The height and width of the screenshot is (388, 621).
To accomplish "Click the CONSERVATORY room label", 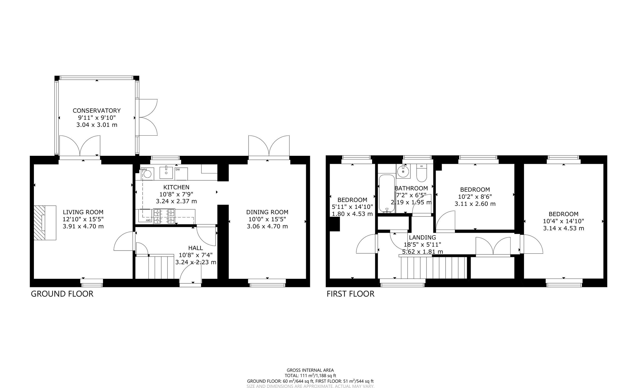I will click(x=97, y=111).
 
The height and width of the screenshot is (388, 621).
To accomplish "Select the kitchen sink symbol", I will click(x=166, y=173).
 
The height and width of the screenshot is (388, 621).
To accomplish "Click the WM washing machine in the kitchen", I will click(x=147, y=174).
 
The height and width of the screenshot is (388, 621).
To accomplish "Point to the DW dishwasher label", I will click(x=178, y=170).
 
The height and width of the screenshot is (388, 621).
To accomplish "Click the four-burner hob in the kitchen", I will click(x=164, y=216).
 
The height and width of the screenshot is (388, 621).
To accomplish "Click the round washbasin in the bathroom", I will click(x=403, y=172).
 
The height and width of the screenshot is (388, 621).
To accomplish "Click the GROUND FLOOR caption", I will click(x=62, y=294).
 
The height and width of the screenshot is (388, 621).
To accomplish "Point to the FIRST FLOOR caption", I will click(x=350, y=294).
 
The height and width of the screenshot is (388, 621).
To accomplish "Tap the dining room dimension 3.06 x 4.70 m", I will click(x=267, y=226).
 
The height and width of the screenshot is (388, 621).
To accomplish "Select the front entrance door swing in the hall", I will click(x=190, y=275).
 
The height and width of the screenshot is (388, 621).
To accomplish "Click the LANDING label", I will click(x=422, y=237).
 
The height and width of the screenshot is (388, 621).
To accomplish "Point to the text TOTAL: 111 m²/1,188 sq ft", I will click(x=310, y=376).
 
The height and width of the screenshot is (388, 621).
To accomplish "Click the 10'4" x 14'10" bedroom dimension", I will click(x=563, y=221).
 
